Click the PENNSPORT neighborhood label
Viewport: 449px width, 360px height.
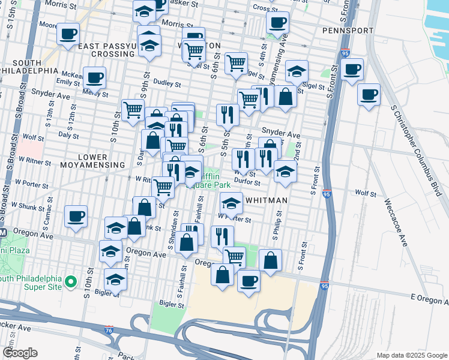tap(348, 30)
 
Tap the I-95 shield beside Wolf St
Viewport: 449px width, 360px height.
tap(327, 194)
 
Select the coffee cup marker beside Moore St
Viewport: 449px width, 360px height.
tap(68, 34)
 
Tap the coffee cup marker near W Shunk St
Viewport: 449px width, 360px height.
tap(76, 217)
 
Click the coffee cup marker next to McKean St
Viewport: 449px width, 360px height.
tap(94, 77)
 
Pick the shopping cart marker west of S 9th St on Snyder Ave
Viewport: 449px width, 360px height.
tap(133, 110)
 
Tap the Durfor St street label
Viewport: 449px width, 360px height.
tap(247, 182)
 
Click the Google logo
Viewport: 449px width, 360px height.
tap(20, 353)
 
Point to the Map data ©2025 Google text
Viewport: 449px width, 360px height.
tap(411, 355)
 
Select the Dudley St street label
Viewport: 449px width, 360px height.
tap(167, 84)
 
